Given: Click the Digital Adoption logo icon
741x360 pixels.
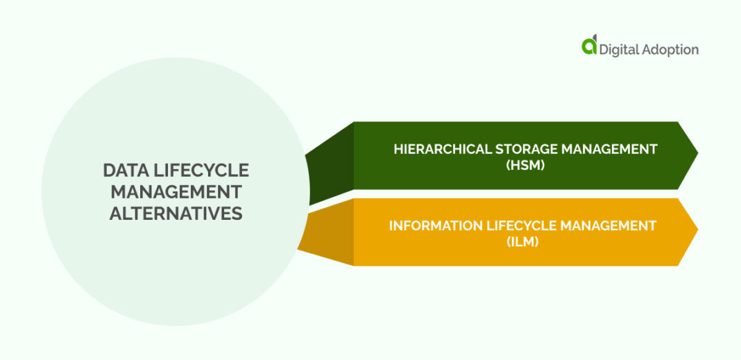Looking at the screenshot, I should pos(589,46).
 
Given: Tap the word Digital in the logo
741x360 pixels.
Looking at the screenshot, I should pos(620,49).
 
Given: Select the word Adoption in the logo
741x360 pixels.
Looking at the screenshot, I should pos(672,50).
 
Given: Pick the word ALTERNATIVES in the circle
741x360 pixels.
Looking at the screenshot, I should pos(176,213).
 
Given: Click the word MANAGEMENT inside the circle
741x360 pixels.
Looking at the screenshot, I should pos(176,191).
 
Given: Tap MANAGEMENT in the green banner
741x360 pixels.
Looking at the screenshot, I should pos(614,148).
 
